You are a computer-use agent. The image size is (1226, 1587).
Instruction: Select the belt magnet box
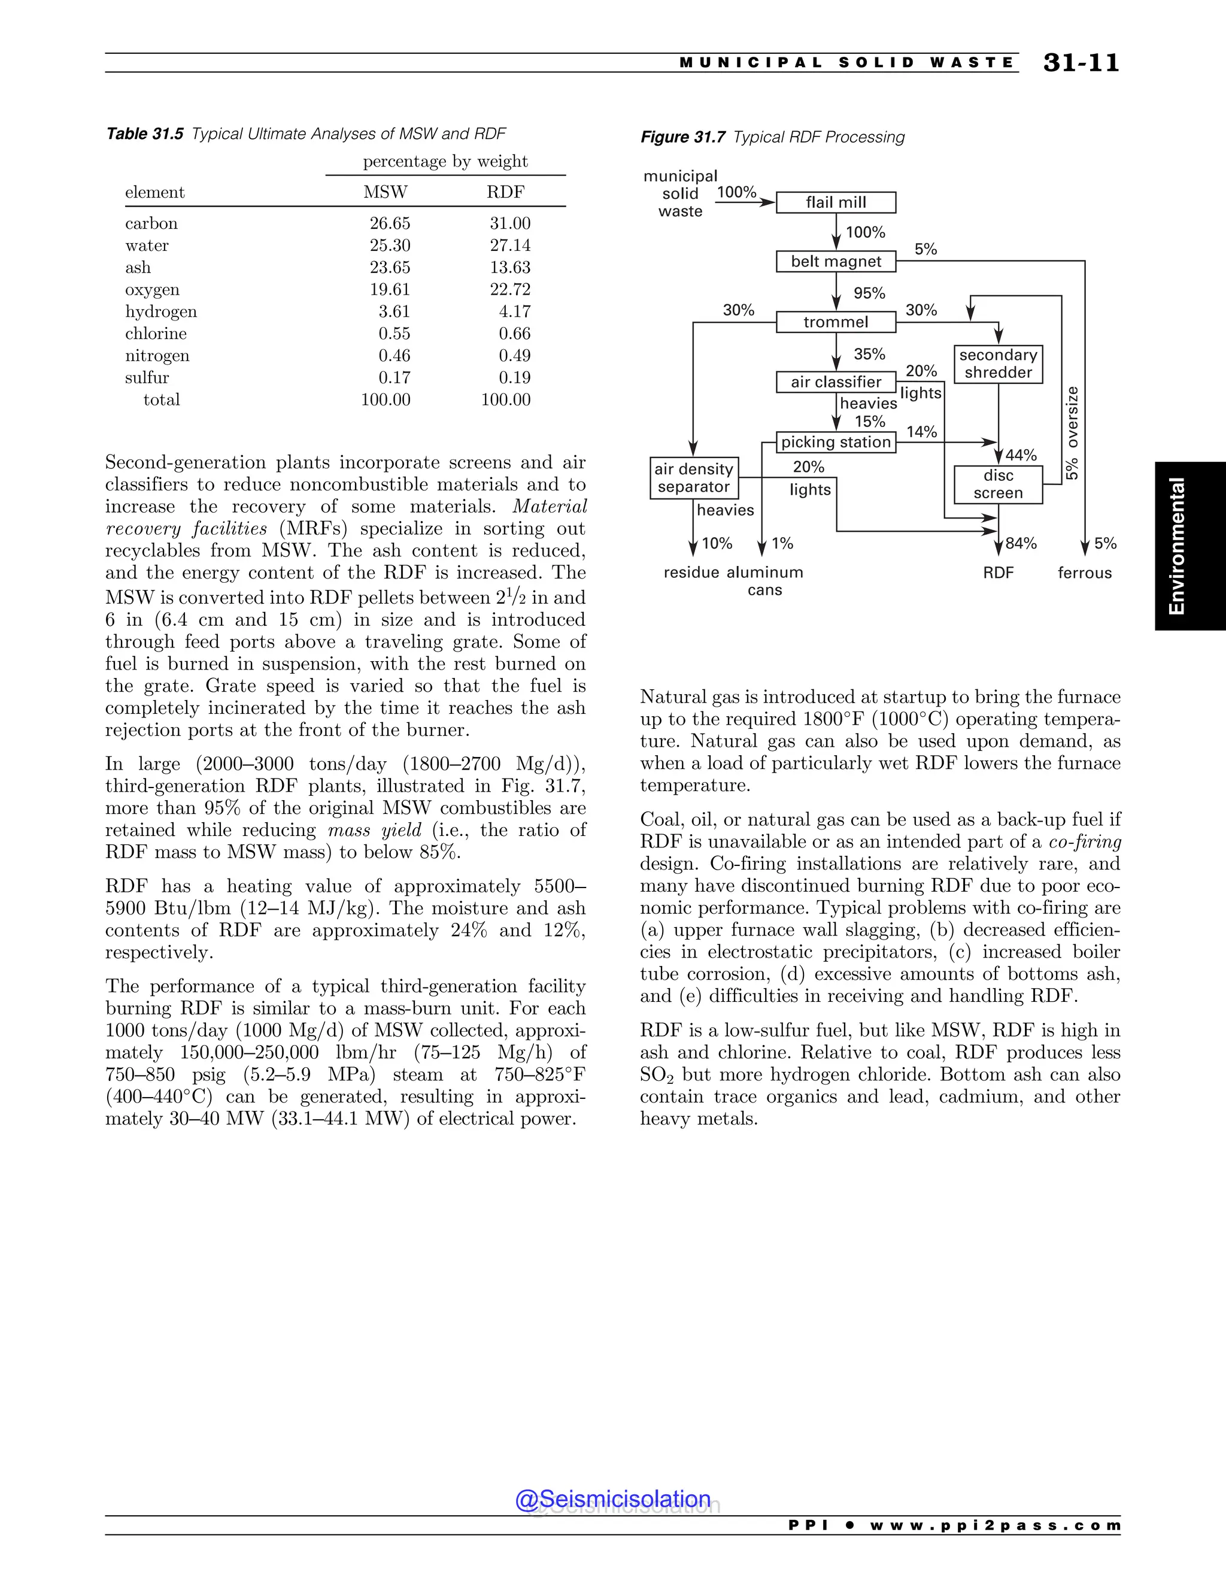(x=835, y=262)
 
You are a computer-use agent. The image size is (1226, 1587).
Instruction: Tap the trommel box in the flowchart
(x=835, y=322)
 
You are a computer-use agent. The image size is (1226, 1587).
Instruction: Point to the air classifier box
(x=835, y=382)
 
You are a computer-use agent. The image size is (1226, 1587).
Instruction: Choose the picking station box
(x=835, y=442)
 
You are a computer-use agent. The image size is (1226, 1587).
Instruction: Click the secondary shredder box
(x=998, y=364)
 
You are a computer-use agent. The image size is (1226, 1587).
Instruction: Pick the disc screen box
(x=998, y=484)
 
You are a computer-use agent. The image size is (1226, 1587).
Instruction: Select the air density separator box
(x=694, y=478)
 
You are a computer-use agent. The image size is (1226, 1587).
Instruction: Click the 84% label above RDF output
(x=1021, y=544)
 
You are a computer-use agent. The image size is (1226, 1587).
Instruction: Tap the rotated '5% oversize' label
(x=1073, y=433)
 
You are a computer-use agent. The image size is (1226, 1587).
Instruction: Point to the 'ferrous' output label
(x=1084, y=573)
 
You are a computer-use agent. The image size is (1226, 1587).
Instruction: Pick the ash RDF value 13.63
(x=510, y=268)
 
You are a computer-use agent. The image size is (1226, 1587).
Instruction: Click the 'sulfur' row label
(x=147, y=378)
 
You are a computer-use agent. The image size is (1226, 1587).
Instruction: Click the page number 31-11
(x=1081, y=63)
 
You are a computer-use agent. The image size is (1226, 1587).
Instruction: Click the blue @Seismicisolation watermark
(x=612, y=1499)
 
